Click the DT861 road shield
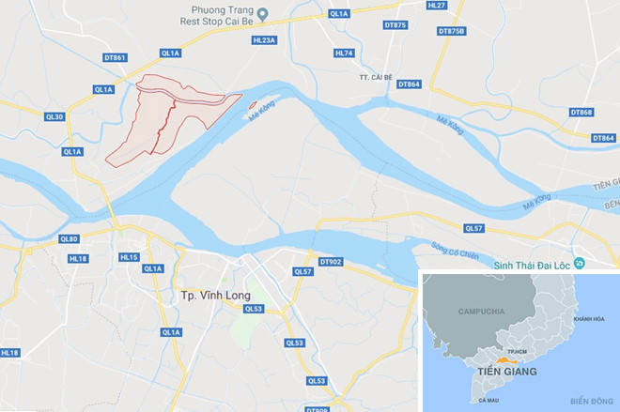coord(115,57)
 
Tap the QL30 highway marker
coord(55,116)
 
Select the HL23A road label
coord(264,40)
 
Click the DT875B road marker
coord(451,31)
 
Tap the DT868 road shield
coord(581,113)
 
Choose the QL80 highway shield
coord(69,238)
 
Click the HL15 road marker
coord(129,257)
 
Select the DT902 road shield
coord(331,262)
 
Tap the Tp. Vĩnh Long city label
coord(215,296)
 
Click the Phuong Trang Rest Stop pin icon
coord(264,13)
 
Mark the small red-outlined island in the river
coord(251,105)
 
